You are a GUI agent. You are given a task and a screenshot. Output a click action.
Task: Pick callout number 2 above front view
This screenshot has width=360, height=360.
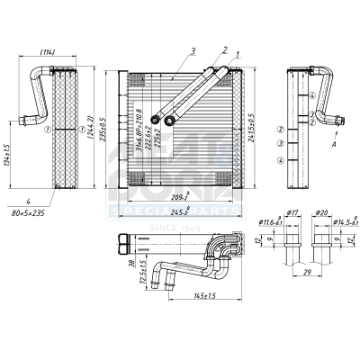pyautogui.click(x=223, y=50)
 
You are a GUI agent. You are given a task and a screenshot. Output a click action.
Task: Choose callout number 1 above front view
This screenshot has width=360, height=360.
pyautogui.click(x=238, y=55)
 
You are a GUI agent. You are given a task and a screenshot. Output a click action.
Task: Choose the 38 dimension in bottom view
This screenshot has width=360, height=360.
pyautogui.click(x=130, y=265)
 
